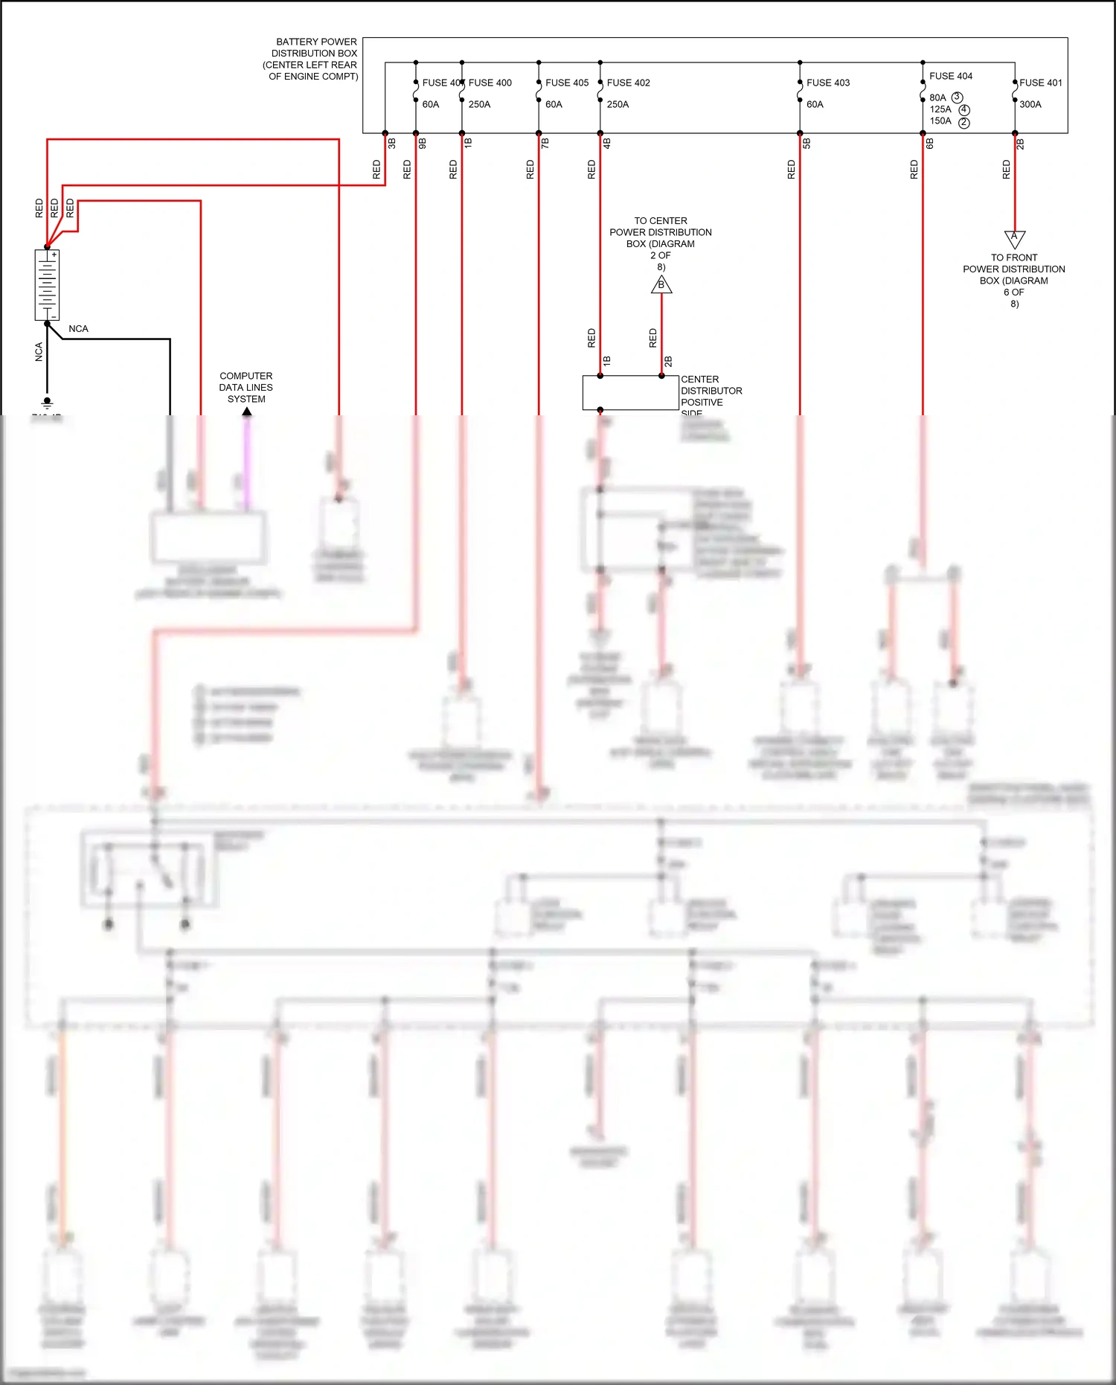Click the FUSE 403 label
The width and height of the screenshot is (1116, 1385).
pyautogui.click(x=827, y=83)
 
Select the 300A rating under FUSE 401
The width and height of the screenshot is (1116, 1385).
pyautogui.click(x=1030, y=104)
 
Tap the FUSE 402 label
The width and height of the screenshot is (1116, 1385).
pyautogui.click(x=628, y=83)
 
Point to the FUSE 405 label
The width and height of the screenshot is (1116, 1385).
pyautogui.click(x=566, y=83)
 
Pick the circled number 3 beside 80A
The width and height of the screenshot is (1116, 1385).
pyautogui.click(x=957, y=97)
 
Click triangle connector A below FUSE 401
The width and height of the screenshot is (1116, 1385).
pyautogui.click(x=1014, y=238)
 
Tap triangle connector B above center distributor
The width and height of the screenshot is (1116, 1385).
pyautogui.click(x=661, y=285)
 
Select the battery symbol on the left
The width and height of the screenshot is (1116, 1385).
pyautogui.click(x=47, y=285)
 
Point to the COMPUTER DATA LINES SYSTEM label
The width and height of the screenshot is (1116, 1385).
pyautogui.click(x=246, y=387)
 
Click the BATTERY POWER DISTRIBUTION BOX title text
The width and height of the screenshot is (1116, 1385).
pyautogui.click(x=313, y=59)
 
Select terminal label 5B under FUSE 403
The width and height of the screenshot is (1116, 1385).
pyautogui.click(x=806, y=143)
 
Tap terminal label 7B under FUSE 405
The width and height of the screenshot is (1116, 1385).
pyautogui.click(x=545, y=143)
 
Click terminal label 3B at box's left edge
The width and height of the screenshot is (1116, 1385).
pyautogui.click(x=392, y=143)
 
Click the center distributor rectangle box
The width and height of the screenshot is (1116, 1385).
pyautogui.click(x=629, y=392)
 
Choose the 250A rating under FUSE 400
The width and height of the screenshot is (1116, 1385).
pyautogui.click(x=479, y=104)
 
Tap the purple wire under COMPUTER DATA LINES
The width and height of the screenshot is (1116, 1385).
pyautogui.click(x=247, y=461)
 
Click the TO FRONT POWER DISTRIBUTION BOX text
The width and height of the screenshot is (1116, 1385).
pyautogui.click(x=1013, y=280)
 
